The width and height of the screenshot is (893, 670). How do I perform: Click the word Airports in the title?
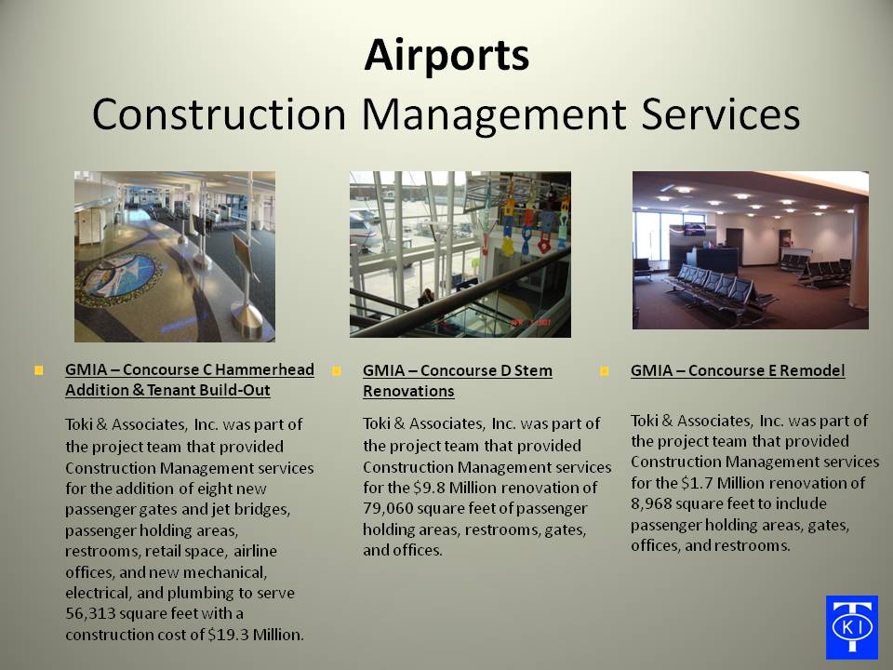[x=446, y=55]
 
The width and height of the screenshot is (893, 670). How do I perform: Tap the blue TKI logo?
[x=851, y=626]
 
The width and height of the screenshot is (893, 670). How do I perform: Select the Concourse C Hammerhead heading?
[x=190, y=380]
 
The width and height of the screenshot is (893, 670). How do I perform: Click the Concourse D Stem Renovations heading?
[x=458, y=381]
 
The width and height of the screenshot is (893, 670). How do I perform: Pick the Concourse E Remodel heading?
[x=738, y=370]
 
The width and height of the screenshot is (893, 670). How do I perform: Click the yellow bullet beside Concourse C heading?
[x=39, y=371]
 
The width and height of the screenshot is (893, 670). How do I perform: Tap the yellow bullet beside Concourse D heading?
[x=337, y=371]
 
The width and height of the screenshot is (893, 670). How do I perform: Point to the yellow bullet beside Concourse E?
[x=605, y=371]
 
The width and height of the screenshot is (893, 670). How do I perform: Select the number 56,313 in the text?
[x=89, y=613]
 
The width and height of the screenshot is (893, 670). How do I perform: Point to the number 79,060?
[x=388, y=509]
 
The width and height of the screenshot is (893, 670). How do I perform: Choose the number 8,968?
[x=651, y=504]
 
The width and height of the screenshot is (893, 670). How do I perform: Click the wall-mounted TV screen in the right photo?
[x=694, y=229]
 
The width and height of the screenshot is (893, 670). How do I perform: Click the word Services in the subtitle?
[x=720, y=115]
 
